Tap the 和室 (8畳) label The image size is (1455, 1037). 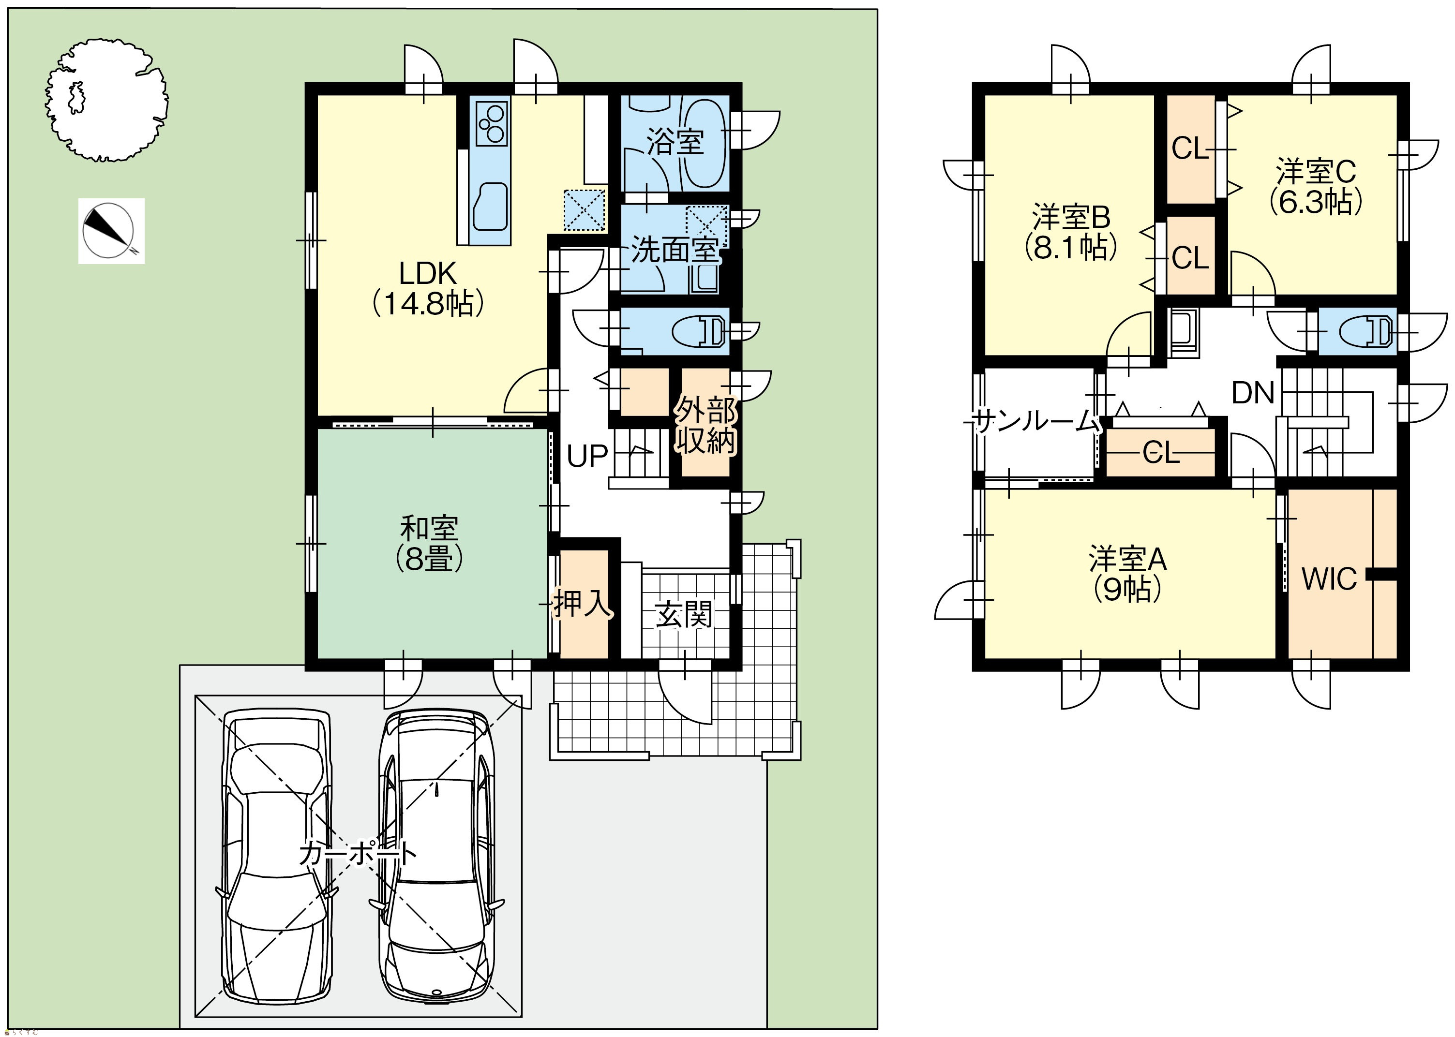click(429, 543)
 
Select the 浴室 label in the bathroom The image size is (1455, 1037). click(675, 142)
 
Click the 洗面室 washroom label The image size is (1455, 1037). click(675, 250)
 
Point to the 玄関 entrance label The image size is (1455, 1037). click(683, 616)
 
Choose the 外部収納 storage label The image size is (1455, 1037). click(706, 425)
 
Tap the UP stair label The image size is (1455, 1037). click(587, 456)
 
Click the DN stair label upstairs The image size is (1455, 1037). click(1253, 393)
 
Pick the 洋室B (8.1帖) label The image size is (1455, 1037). click(1071, 232)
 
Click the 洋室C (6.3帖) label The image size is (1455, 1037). click(1316, 186)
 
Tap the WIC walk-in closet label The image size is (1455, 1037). click(1329, 579)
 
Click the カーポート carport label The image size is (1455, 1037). click(358, 853)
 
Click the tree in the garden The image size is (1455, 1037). click(106, 100)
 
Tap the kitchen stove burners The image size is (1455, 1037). click(491, 122)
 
